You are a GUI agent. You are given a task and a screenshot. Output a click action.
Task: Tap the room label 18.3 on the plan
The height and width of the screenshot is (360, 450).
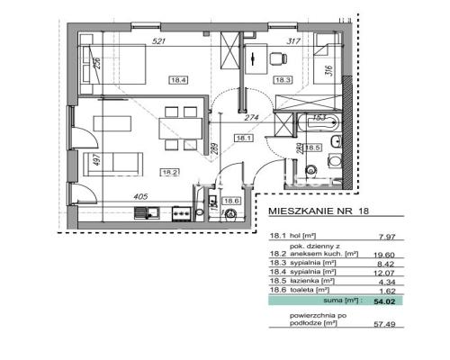[283, 79]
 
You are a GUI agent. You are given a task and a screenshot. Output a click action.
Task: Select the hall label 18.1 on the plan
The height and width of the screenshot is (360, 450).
[242, 138]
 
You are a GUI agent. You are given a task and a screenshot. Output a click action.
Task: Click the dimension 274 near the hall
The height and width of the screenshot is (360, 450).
[254, 118]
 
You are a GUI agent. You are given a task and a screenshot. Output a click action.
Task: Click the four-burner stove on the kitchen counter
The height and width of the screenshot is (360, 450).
[181, 213]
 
